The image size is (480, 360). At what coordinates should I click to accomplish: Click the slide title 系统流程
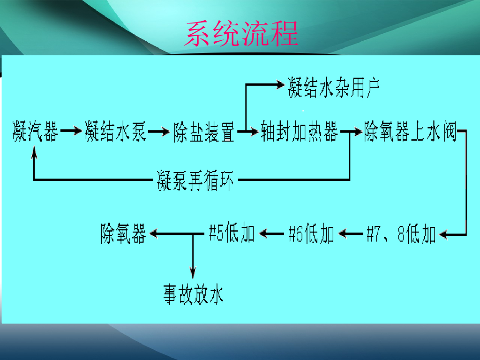(x=241, y=33)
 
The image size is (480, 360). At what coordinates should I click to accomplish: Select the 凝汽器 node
(x=36, y=132)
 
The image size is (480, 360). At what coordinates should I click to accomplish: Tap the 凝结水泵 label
(x=115, y=132)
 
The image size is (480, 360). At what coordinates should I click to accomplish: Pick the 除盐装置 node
(x=204, y=132)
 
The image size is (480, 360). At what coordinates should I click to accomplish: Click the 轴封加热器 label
(x=300, y=132)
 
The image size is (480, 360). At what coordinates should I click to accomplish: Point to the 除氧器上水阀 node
(x=410, y=132)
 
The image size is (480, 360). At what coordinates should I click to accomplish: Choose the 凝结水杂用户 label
(x=333, y=88)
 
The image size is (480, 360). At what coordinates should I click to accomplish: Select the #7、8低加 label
(x=401, y=234)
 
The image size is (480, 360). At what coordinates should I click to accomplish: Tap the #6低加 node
(x=311, y=234)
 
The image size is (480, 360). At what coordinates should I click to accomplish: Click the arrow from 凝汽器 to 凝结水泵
(x=71, y=132)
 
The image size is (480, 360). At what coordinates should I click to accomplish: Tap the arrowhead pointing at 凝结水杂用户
(x=280, y=84)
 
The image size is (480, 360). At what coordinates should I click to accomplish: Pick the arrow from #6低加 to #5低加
(x=271, y=233)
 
